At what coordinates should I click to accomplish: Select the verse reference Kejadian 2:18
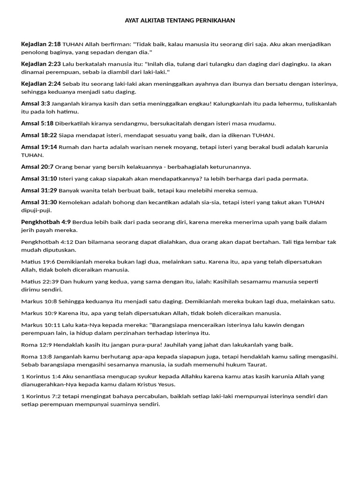pyautogui.click(x=41, y=44)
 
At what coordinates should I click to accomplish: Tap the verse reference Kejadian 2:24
pyautogui.click(x=41, y=84)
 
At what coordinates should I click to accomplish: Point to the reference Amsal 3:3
pyautogui.click(x=35, y=104)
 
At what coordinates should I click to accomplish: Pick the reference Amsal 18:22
pyautogui.click(x=39, y=135)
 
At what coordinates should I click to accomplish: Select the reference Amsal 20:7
pyautogui.click(x=37, y=167)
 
